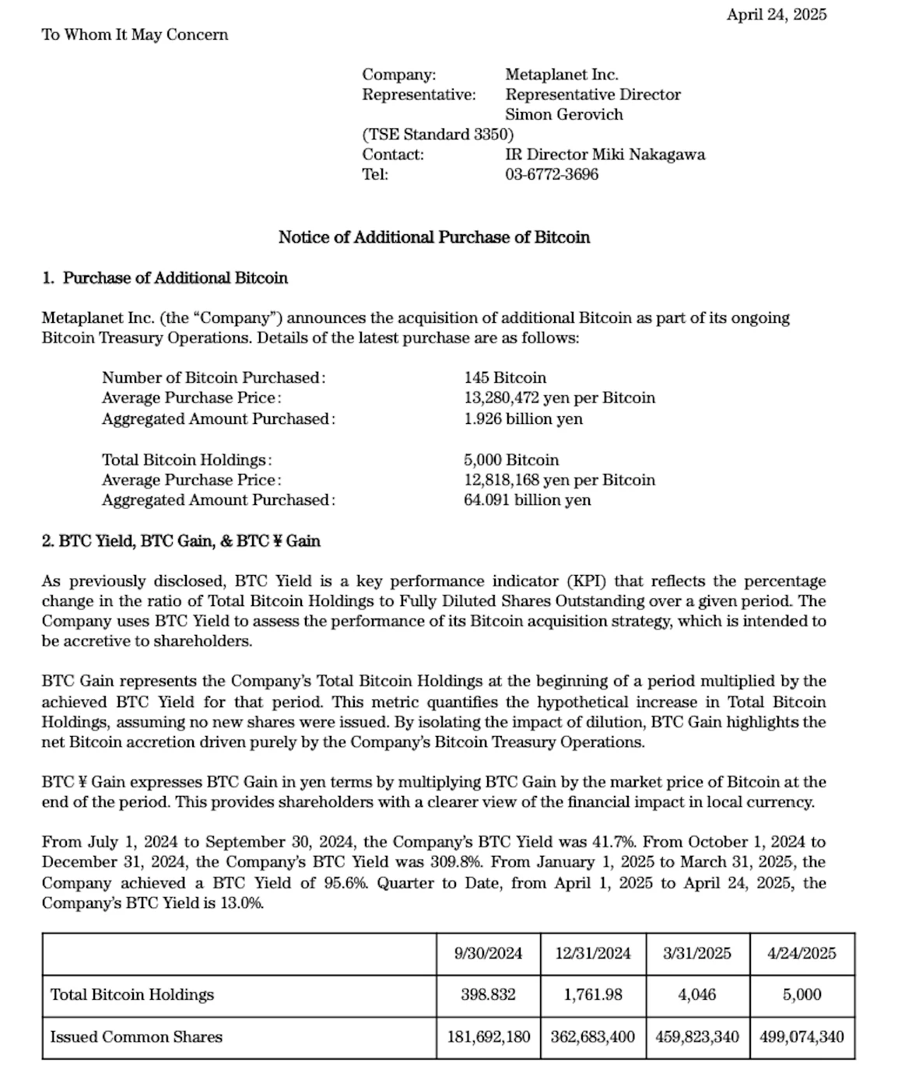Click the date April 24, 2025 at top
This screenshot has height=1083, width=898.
point(776,15)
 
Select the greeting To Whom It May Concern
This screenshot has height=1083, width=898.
point(135,35)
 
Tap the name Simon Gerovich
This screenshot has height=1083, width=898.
point(564,114)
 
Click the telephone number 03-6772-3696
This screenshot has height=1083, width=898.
point(552,174)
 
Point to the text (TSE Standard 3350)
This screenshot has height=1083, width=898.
point(437,135)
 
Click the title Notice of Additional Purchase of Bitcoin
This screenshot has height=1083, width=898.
point(433,237)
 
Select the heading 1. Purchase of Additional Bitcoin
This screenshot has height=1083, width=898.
point(165,278)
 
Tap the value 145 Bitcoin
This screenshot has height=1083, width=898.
point(505,377)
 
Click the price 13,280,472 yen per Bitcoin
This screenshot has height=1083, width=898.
point(559,398)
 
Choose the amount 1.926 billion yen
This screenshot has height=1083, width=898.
point(523,419)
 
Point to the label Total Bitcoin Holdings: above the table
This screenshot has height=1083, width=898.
point(187,460)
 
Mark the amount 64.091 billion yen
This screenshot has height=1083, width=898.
point(527,499)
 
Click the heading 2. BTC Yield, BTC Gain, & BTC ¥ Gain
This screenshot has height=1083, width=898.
point(181,541)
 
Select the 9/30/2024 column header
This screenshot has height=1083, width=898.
point(488,954)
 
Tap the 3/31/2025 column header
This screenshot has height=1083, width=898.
point(696,954)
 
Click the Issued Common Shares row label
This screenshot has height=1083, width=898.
point(136,1037)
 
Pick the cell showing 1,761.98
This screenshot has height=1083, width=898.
point(592,995)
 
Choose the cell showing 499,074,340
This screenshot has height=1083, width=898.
point(801,1037)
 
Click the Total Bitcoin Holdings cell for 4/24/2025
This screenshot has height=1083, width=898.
point(801,995)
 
